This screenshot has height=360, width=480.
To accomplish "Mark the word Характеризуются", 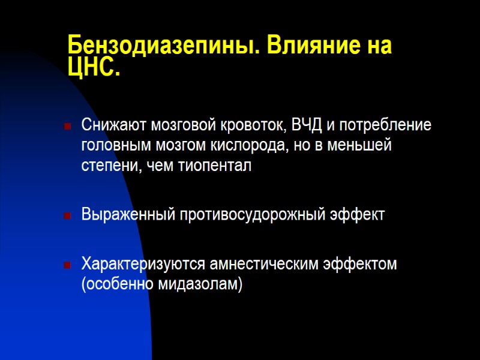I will coord(142,264).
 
